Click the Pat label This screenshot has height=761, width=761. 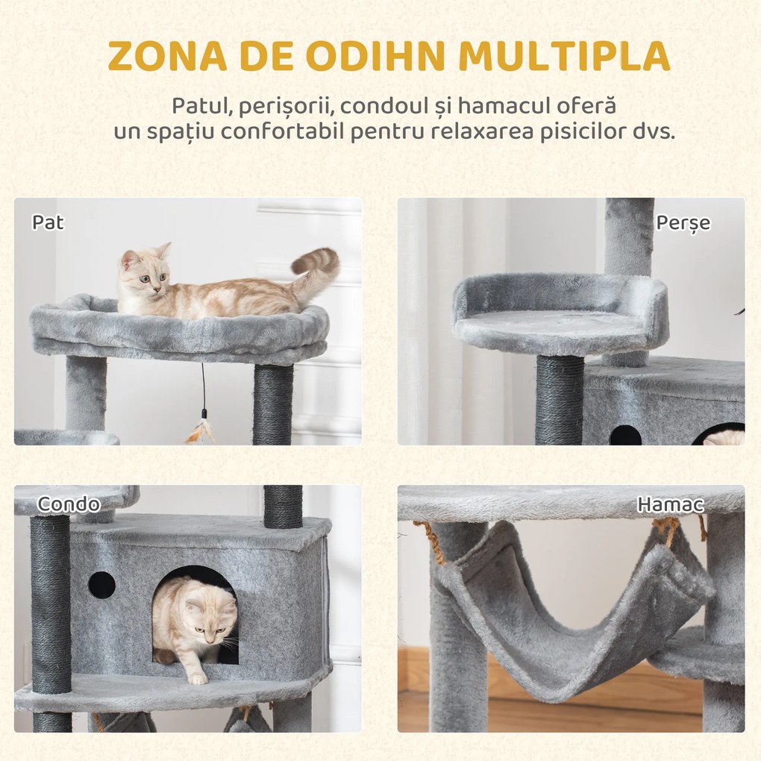click(48, 222)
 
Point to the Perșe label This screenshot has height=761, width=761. click(683, 222)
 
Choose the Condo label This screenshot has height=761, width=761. click(69, 504)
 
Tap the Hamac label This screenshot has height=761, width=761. click(670, 504)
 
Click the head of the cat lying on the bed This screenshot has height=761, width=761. click(143, 274)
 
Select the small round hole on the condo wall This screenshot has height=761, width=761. click(101, 585)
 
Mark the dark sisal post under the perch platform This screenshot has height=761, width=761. click(559, 399)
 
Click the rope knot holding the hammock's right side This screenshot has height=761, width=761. click(666, 531)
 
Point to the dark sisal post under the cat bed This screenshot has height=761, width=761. click(273, 403)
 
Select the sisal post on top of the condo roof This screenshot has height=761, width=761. click(283, 506)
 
